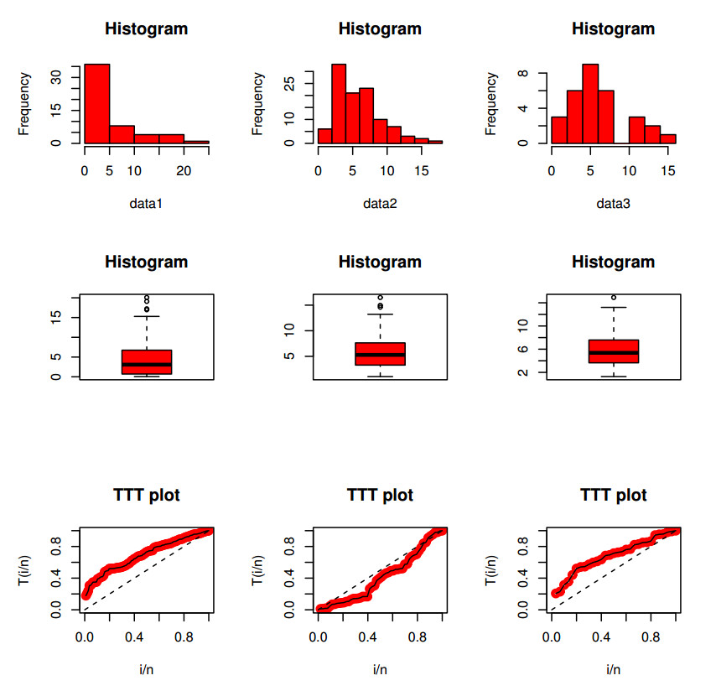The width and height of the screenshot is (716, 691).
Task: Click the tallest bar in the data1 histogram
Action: click(x=96, y=103)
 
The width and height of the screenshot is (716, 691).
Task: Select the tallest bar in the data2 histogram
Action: click(x=339, y=103)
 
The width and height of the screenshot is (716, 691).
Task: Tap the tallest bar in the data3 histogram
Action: click(x=590, y=103)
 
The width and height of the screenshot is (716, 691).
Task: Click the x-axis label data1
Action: click(x=146, y=202)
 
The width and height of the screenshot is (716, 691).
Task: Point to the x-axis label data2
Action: click(x=380, y=202)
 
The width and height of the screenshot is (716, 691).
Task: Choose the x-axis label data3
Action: click(x=613, y=202)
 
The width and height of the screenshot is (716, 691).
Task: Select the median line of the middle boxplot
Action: click(x=380, y=355)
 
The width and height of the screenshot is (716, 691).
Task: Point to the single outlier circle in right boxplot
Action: click(x=614, y=297)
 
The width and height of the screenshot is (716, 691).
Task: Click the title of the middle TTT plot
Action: click(x=380, y=496)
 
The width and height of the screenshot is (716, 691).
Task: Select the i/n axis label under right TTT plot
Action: click(x=613, y=669)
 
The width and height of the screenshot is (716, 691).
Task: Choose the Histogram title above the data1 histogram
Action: click(x=146, y=29)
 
